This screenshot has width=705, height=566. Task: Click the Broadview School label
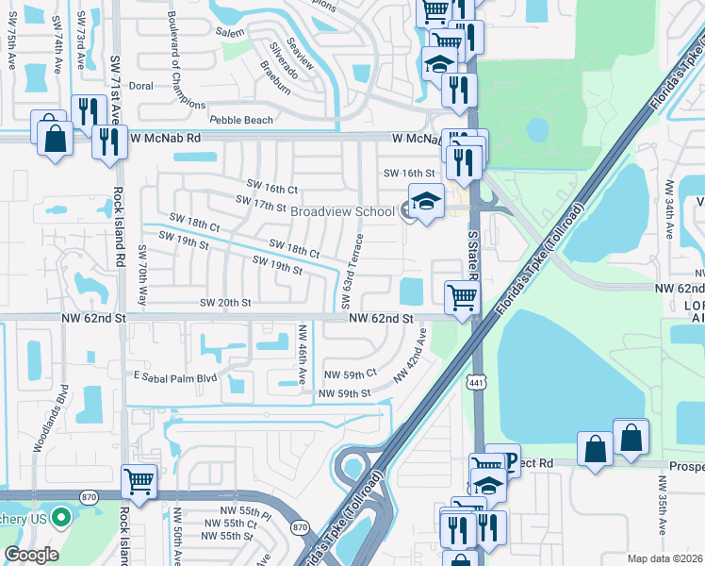(342, 211)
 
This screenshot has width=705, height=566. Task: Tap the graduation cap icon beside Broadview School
(425, 203)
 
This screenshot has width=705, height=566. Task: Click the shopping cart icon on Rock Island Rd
(139, 481)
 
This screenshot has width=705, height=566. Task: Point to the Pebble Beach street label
(241, 121)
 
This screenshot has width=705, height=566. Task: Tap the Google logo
(31, 555)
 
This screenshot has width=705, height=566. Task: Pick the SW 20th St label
(225, 303)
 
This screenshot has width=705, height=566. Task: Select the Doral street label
(140, 86)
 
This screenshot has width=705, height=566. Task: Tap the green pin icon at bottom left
(62, 517)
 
